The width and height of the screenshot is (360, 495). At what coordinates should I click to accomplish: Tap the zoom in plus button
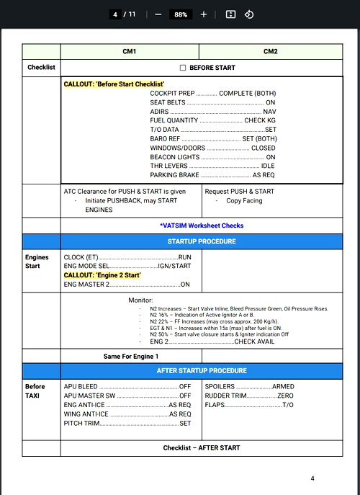tap(204, 14)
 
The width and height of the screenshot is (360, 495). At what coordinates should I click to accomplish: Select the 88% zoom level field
tap(181, 14)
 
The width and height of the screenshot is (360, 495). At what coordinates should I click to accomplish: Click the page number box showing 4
tap(115, 14)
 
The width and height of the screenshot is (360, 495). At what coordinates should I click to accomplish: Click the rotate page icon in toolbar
tap(249, 14)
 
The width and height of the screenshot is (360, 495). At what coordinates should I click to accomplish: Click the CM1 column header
tap(130, 52)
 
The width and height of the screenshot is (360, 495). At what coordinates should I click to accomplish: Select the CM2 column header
tap(271, 52)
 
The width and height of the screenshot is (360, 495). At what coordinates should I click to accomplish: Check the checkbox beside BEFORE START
tap(182, 68)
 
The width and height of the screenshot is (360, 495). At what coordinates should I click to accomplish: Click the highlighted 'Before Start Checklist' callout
tap(114, 84)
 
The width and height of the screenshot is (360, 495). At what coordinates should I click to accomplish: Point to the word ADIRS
tap(159, 112)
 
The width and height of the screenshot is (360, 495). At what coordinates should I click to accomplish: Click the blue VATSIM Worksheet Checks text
tap(202, 226)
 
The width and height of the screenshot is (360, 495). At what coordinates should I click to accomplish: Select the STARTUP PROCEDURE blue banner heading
tap(202, 241)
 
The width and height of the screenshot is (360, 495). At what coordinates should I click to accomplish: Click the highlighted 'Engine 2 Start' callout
tap(102, 275)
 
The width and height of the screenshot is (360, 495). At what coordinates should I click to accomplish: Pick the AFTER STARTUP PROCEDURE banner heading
tap(202, 371)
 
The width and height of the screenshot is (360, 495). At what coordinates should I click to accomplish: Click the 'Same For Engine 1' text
tap(131, 356)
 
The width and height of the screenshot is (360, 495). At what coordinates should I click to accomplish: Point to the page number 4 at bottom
tap(312, 478)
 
